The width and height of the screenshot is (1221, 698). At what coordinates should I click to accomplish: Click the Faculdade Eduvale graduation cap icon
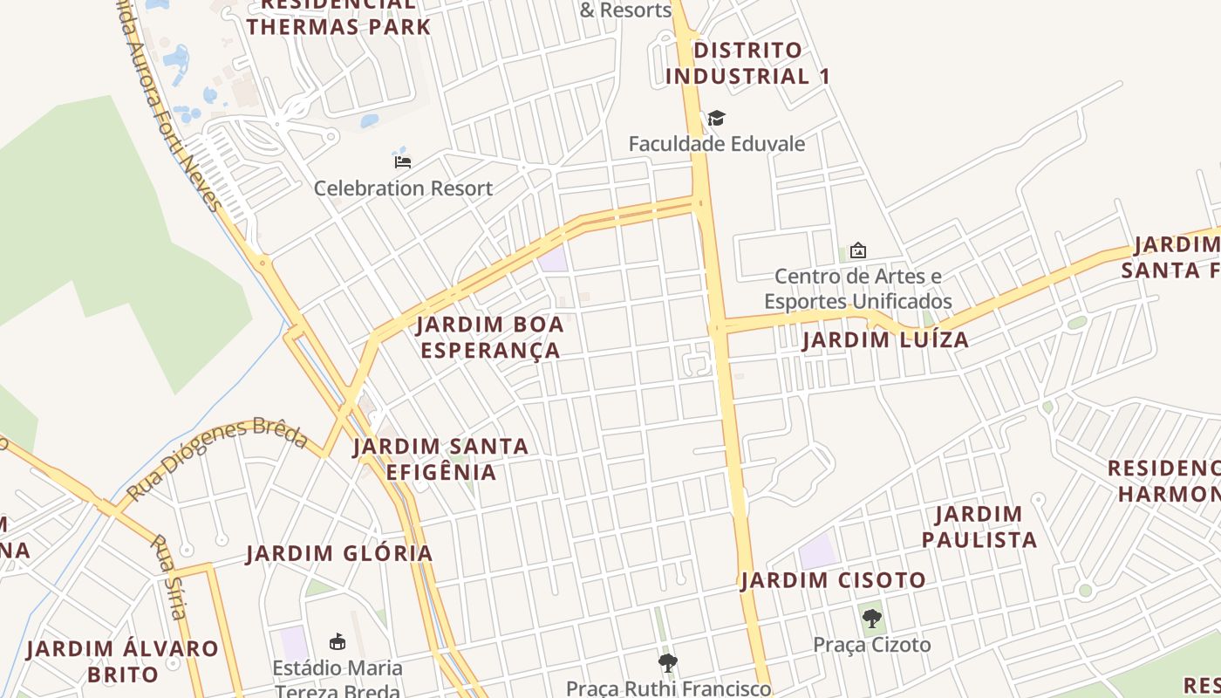[x=716, y=118]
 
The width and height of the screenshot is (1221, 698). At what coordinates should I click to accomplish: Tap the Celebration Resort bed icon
[x=403, y=161]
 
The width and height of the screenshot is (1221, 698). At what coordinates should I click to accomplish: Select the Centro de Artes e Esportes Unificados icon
[x=858, y=250]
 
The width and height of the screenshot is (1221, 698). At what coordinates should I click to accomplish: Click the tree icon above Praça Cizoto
[x=871, y=619]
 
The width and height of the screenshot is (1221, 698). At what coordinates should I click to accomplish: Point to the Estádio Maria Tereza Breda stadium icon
[x=338, y=642]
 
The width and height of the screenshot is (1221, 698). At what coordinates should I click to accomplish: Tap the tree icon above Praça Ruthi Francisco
[x=668, y=663]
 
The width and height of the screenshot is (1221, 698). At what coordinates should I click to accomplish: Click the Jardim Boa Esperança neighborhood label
[x=489, y=338]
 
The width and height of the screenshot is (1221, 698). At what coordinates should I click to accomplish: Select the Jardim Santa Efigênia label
[x=441, y=459]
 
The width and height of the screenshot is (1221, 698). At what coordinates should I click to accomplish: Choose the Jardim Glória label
[x=339, y=553]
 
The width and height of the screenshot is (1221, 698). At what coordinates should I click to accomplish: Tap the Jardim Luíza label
[x=885, y=339]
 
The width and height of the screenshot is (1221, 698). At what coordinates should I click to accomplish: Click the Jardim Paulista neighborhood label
[x=979, y=527]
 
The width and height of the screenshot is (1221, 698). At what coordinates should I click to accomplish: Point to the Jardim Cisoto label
[x=833, y=580]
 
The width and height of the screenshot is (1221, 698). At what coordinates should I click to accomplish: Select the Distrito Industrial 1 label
[x=747, y=63]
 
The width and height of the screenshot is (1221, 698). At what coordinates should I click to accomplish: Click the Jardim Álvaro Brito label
[x=123, y=661]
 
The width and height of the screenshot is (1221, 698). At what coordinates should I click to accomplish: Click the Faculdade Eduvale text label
[x=717, y=143]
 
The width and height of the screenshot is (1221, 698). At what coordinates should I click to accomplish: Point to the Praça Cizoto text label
[x=872, y=645]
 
